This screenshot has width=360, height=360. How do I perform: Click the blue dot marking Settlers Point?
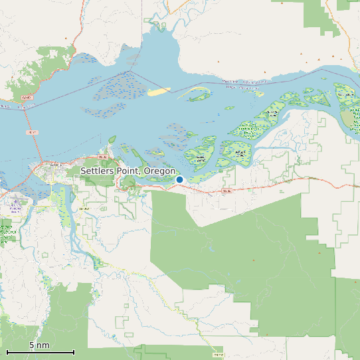[x=179, y=179]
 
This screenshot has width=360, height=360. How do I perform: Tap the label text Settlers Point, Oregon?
[x=128, y=171]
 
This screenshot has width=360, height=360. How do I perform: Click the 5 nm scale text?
[x=39, y=345]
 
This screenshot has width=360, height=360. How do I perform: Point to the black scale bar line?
[x=40, y=352]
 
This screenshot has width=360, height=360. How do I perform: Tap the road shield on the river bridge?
[x=31, y=133]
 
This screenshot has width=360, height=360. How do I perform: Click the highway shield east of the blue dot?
[x=226, y=191]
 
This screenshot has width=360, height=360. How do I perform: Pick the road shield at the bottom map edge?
[x=219, y=356]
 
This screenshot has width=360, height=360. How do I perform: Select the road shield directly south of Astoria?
[x=84, y=209]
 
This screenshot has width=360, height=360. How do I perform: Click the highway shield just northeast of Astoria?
[x=102, y=157]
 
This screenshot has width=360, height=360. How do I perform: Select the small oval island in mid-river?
[x=229, y=108]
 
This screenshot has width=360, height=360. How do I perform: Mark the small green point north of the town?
[x=112, y=139]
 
